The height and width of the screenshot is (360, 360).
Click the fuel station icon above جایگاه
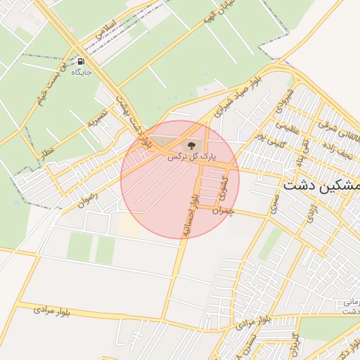[x=82, y=61]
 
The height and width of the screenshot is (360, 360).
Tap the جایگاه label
[x=82, y=72]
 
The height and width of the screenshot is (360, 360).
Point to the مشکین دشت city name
[x=321, y=186]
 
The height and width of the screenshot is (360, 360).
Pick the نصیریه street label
[x=96, y=117]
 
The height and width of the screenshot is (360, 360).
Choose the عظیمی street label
[x=287, y=129]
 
